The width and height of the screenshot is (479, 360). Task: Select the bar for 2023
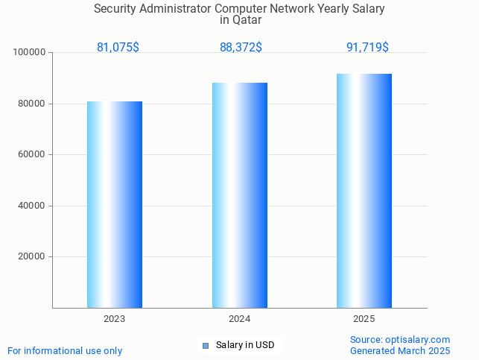pyautogui.click(x=115, y=204)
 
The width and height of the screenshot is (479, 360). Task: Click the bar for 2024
pyautogui.click(x=239, y=195)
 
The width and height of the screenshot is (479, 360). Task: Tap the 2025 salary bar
pyautogui.click(x=364, y=191)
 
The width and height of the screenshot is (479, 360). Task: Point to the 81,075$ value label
pyautogui.click(x=118, y=48)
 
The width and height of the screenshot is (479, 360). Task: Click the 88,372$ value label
pyautogui.click(x=241, y=48)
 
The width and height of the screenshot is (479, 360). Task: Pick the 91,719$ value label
pyautogui.click(x=367, y=48)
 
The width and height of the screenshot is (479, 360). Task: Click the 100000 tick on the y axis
pyautogui.click(x=31, y=53)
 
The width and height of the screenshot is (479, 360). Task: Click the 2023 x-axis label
pyautogui.click(x=114, y=319)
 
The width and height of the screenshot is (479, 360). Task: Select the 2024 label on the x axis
pyautogui.click(x=239, y=319)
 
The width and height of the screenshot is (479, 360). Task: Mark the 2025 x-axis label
pyautogui.click(x=364, y=319)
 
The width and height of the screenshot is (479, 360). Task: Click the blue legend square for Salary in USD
pyautogui.click(x=206, y=345)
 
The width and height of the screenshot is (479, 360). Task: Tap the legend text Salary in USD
pyautogui.click(x=245, y=345)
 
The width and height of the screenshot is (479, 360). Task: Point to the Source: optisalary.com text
pyautogui.click(x=400, y=339)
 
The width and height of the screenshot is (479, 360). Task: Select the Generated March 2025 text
pyautogui.click(x=400, y=350)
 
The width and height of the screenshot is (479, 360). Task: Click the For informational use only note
pyautogui.click(x=65, y=350)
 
